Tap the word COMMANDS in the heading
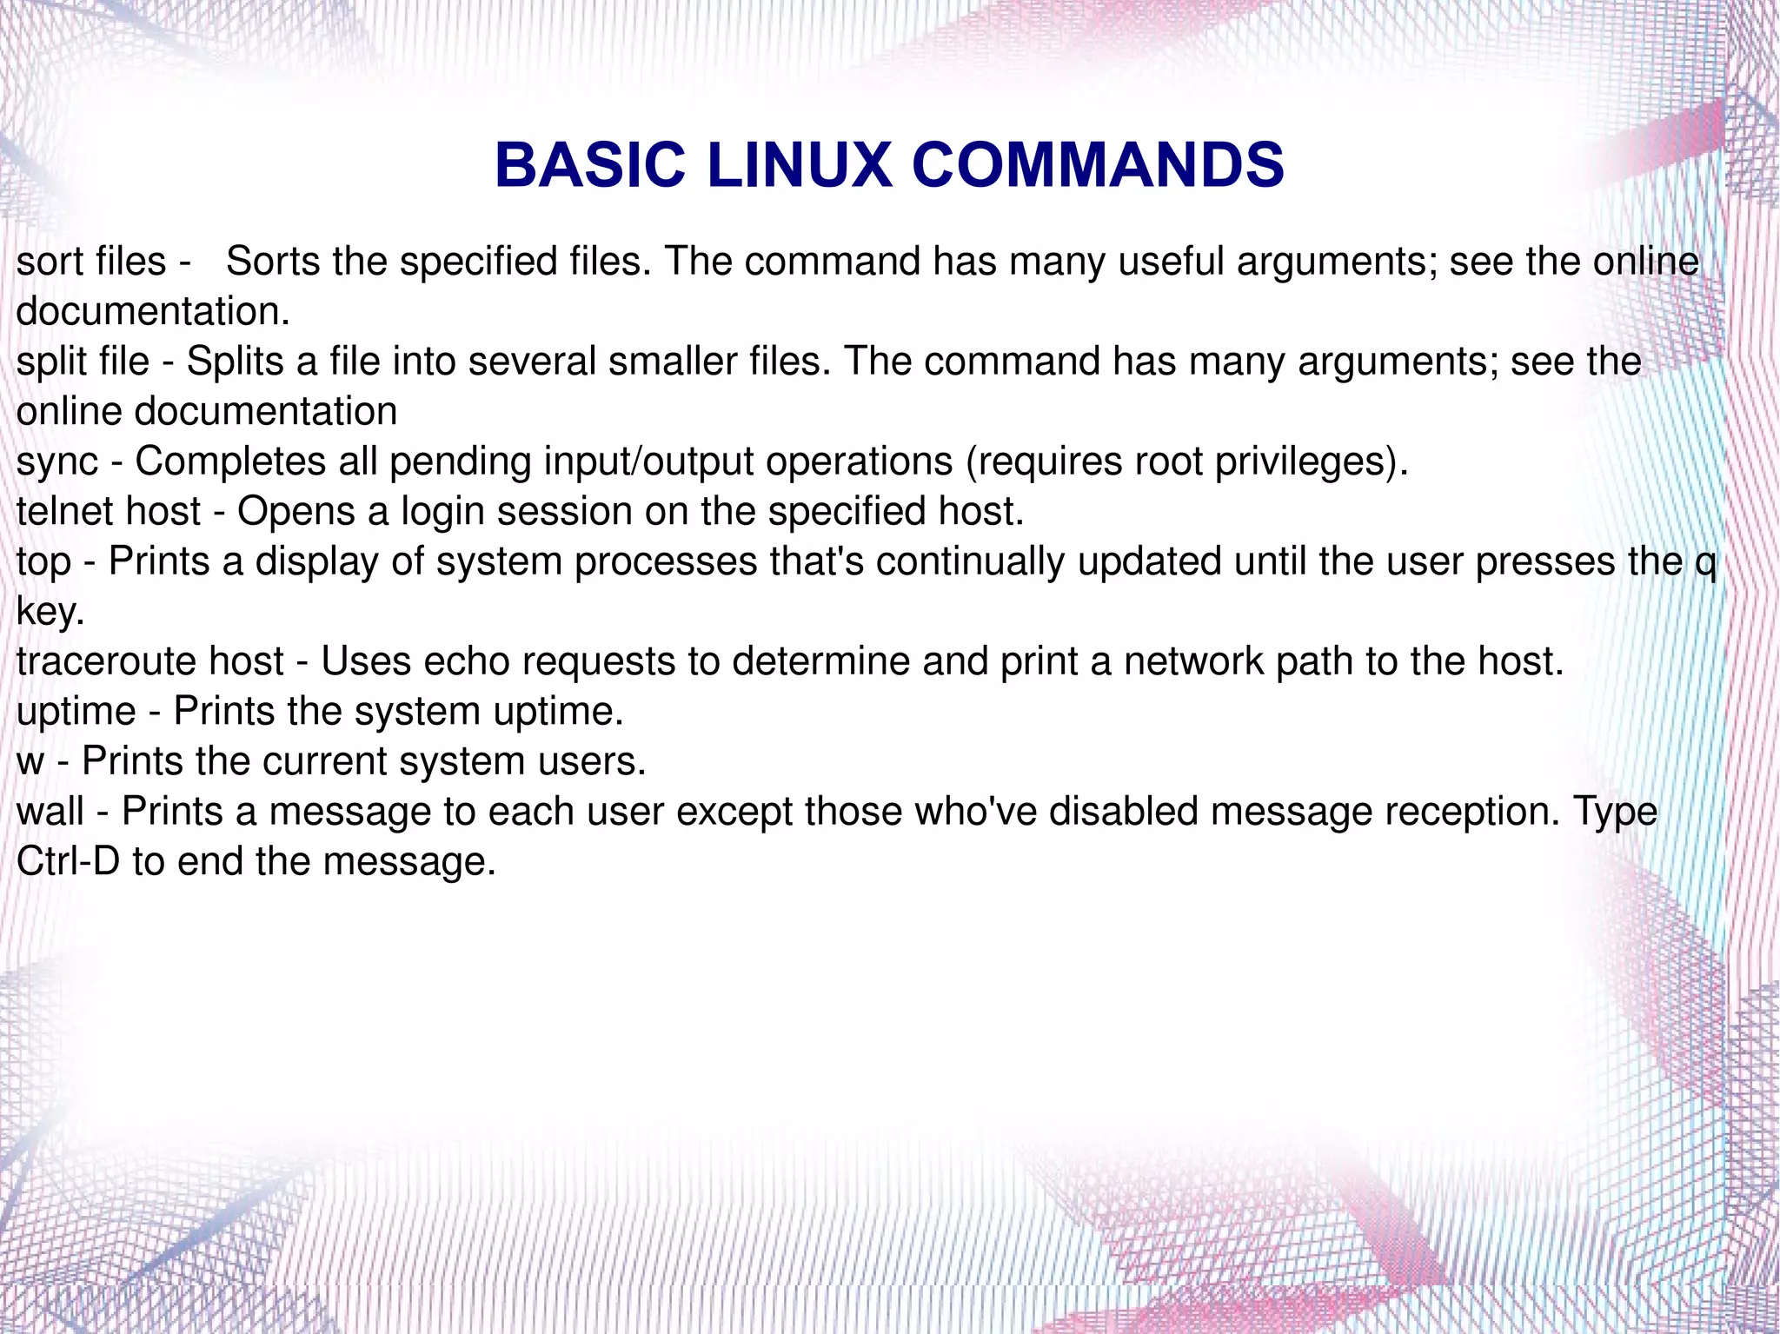pyautogui.click(x=1098, y=165)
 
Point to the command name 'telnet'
pyautogui.click(x=65, y=511)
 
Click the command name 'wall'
pyautogui.click(x=50, y=812)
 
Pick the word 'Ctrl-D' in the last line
pyautogui.click(x=68, y=862)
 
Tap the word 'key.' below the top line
pyautogui.click(x=50, y=613)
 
